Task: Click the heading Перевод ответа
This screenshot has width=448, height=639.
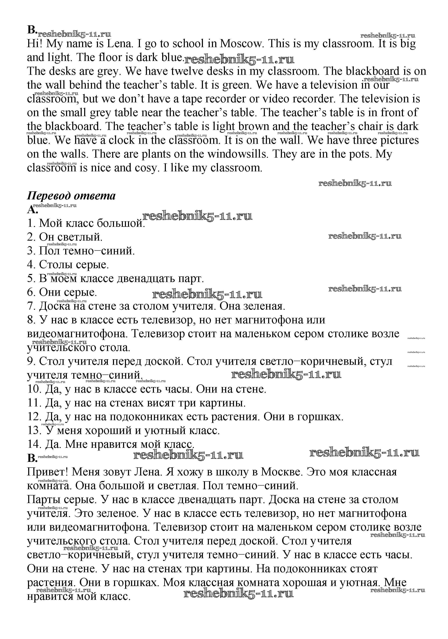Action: (71, 196)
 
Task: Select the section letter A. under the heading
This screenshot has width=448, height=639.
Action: (32, 209)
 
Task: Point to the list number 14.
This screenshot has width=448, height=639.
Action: (34, 444)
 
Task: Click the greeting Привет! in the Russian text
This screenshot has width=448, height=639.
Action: (48, 472)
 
